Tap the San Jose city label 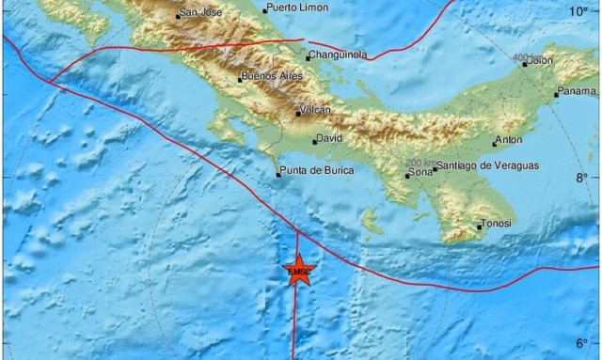click(x=202, y=13)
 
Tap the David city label click(x=330, y=138)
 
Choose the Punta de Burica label click(x=314, y=171)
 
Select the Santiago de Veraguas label click(x=487, y=165)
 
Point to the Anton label click(x=509, y=140)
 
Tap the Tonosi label click(x=496, y=224)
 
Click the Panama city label click(x=578, y=91)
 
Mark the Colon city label click(x=540, y=60)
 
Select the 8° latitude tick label click(x=583, y=177)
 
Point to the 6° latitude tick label click(x=583, y=343)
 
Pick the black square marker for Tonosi click(x=479, y=227)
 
